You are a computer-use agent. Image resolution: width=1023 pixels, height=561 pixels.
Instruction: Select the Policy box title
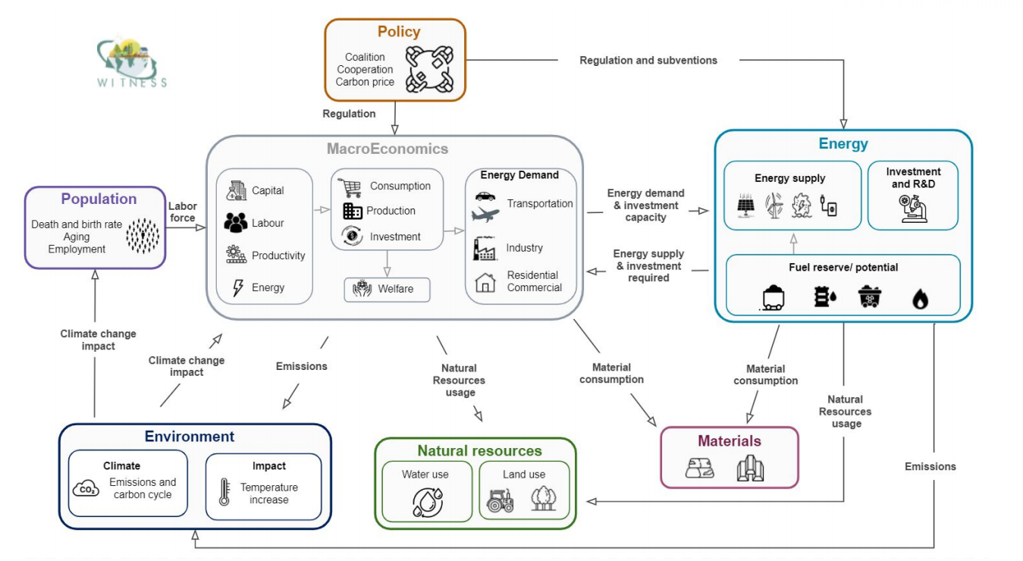(x=399, y=32)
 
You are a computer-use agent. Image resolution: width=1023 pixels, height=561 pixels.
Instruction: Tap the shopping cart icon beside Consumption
(x=350, y=187)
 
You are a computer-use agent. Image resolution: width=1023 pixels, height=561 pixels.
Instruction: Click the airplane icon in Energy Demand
(x=485, y=215)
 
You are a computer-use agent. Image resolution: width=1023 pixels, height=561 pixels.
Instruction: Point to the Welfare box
(x=387, y=289)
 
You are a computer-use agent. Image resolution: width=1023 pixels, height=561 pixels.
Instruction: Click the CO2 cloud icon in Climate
(x=86, y=490)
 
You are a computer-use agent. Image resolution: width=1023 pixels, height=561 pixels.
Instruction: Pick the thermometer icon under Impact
(x=224, y=492)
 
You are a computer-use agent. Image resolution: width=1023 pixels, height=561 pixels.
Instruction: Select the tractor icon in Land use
(x=501, y=500)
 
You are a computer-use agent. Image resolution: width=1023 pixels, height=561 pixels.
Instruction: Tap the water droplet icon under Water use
(x=427, y=502)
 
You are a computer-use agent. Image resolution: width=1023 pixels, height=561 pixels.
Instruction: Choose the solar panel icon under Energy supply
(x=745, y=206)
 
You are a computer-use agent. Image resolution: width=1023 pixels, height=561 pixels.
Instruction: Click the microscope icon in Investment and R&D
(x=912, y=207)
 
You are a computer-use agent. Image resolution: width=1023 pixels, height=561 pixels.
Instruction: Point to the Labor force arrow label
(x=182, y=212)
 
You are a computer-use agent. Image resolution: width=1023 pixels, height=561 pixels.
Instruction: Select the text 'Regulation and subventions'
(x=648, y=60)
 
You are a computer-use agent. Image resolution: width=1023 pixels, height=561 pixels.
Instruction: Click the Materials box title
(x=730, y=440)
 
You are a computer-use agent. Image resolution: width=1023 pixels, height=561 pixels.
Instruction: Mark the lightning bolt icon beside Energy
(x=237, y=288)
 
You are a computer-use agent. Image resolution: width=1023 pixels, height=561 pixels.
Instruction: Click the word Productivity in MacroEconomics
(x=278, y=255)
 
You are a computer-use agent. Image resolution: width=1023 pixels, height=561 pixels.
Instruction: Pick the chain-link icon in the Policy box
(x=429, y=69)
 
